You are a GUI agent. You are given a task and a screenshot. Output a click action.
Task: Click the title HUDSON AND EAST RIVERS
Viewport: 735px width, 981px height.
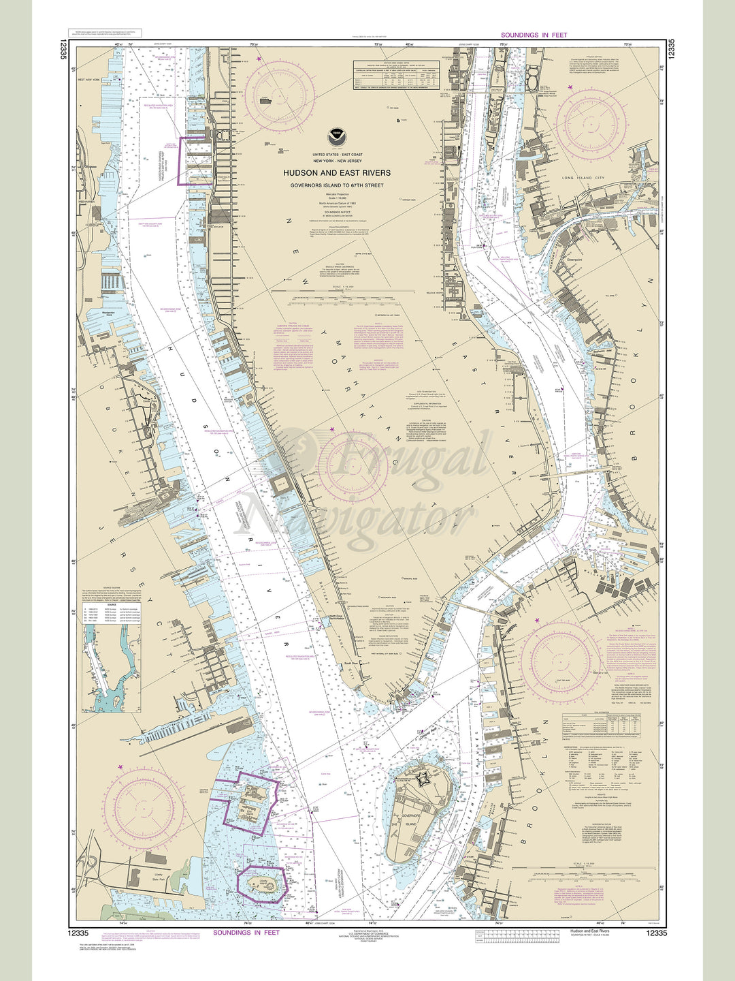[x=337, y=173]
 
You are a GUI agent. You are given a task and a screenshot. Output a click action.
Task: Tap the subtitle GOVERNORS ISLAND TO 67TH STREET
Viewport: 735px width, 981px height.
[x=337, y=185]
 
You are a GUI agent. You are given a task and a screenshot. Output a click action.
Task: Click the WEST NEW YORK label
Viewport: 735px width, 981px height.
[x=91, y=80]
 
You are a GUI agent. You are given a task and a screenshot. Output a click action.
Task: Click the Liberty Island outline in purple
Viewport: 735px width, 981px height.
[x=261, y=884]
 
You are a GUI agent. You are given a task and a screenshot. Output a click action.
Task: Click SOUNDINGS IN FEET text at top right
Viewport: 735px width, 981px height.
[x=534, y=35]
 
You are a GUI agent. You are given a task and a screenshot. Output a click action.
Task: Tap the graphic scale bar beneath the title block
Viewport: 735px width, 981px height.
[x=337, y=299]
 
